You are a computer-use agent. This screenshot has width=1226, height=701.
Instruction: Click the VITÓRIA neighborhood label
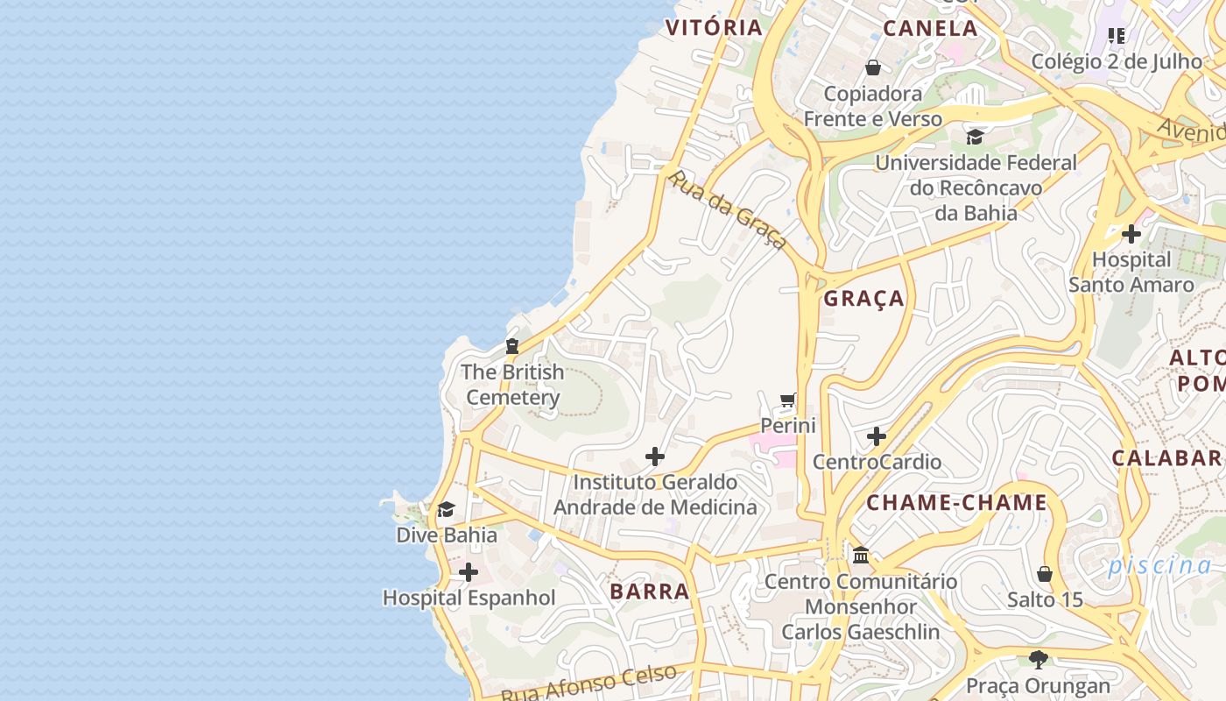(x=714, y=27)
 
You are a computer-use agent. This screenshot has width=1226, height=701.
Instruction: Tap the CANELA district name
(x=930, y=28)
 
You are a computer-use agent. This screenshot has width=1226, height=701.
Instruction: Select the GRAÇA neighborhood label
(x=863, y=298)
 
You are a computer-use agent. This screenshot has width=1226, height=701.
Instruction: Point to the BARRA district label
(x=650, y=591)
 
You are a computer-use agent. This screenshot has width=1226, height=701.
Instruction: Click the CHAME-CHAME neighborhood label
(x=956, y=502)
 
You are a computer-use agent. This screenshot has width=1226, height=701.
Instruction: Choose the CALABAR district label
(x=1166, y=457)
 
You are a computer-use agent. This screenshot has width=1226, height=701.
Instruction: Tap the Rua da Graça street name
(x=726, y=209)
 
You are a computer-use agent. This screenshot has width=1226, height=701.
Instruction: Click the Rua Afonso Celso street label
(x=588, y=683)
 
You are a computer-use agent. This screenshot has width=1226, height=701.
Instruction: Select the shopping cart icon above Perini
(x=788, y=400)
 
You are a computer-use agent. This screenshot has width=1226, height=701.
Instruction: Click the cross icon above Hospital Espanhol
(x=469, y=573)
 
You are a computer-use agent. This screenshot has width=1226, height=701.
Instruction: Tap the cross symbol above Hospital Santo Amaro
(x=1131, y=234)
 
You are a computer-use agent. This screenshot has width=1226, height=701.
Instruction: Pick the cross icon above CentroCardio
(x=877, y=436)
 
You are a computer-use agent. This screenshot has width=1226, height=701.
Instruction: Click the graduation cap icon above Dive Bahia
(x=447, y=510)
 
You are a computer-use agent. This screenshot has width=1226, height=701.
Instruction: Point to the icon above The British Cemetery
(x=512, y=346)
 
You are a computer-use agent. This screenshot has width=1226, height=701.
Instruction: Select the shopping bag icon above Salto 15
(x=1044, y=575)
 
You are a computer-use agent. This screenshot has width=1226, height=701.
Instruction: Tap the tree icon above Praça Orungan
(x=1039, y=659)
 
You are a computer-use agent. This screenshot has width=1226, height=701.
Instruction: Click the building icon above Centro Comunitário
(x=861, y=555)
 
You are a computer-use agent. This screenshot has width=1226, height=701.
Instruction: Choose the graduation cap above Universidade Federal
(x=975, y=137)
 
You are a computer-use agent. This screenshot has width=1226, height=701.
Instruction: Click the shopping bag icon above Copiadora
(x=873, y=67)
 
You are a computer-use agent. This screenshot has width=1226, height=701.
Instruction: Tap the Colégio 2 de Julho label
(x=1117, y=61)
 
